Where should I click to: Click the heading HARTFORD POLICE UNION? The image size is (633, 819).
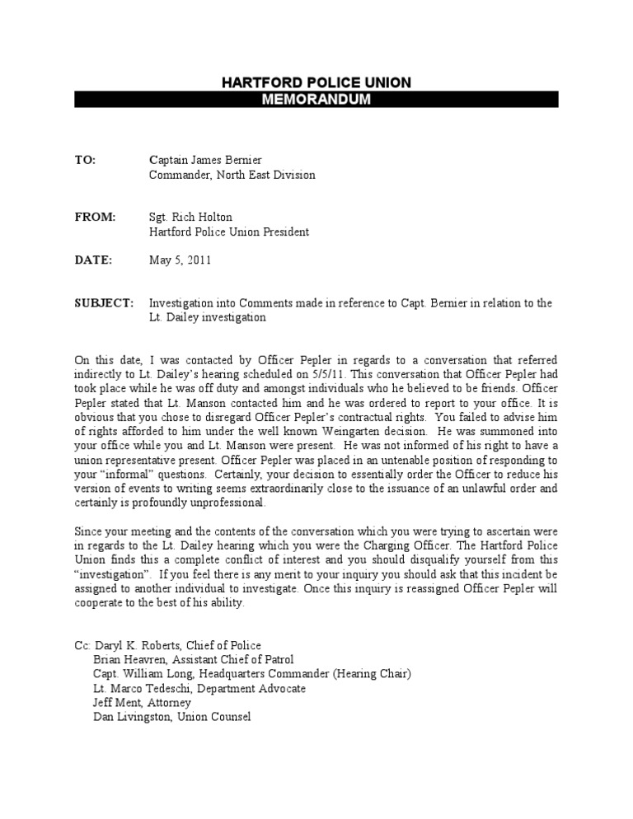(316, 82)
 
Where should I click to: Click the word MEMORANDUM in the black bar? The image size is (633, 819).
(316, 99)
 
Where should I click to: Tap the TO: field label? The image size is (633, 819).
(85, 160)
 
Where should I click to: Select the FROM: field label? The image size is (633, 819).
(96, 218)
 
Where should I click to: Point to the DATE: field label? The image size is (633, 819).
(93, 260)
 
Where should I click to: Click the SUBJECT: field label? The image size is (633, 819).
(104, 303)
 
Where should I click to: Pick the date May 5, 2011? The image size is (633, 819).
(181, 260)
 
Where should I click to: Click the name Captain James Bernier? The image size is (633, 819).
(205, 160)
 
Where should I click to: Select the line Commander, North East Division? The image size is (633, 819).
(232, 175)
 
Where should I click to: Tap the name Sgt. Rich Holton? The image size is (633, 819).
(191, 218)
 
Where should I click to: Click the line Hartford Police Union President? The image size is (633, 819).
(229, 232)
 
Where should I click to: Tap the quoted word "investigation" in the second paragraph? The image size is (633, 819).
(110, 573)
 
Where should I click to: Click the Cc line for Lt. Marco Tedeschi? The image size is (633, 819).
(199, 688)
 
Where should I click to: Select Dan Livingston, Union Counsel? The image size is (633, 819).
(172, 717)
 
